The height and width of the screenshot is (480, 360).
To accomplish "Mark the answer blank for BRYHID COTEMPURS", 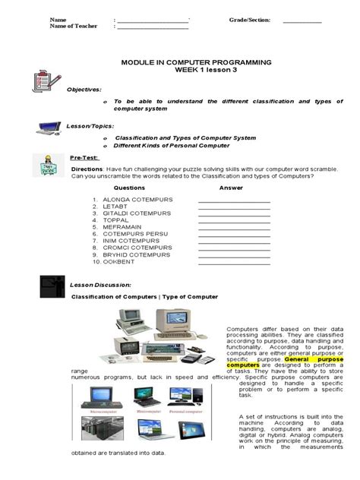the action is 234,255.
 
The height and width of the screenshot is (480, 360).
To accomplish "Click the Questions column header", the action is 129,187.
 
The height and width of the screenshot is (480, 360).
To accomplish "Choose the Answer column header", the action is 231,187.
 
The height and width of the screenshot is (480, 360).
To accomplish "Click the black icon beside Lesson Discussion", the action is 52,286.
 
